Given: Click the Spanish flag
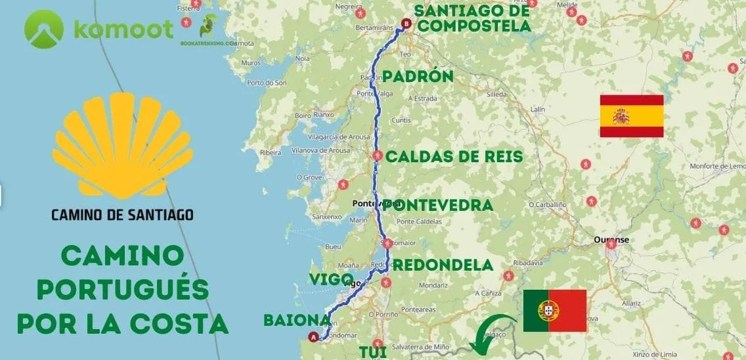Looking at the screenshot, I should [x=631, y=116].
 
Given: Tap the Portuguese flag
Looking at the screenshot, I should [x=554, y=311].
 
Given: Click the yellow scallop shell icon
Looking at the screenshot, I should [x=123, y=145].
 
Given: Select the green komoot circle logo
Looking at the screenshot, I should [x=44, y=29].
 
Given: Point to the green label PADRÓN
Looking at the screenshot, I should [x=418, y=77].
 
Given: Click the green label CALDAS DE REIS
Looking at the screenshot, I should [x=454, y=156].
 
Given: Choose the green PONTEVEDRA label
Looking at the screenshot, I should [x=437, y=205].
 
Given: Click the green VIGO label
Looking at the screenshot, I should [x=331, y=279].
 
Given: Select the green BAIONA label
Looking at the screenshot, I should [x=296, y=320].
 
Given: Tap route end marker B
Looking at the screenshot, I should [x=405, y=24].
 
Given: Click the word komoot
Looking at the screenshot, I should [x=123, y=29].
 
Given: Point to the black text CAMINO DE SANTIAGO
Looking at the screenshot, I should [x=123, y=214].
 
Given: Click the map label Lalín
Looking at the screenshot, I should [x=538, y=109].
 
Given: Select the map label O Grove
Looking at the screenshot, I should [x=307, y=177].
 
